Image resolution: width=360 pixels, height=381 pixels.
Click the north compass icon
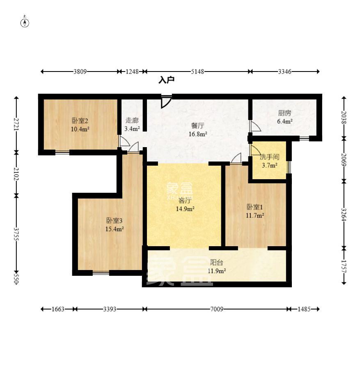pos(25,22)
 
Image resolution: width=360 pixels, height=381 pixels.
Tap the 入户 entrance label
pos(167,80)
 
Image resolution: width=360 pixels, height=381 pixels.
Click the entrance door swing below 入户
pos(167,102)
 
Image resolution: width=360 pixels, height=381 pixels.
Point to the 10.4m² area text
pos(80,129)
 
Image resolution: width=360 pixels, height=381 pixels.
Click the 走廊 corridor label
pos(132,120)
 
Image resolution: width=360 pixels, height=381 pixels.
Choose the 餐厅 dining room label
pos(197,126)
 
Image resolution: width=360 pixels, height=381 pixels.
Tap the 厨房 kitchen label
pos(284,113)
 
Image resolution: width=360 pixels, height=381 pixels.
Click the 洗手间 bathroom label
pos(269,157)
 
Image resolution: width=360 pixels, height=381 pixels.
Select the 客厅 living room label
pos(185,201)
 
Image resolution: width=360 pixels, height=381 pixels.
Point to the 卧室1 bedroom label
pos(255,207)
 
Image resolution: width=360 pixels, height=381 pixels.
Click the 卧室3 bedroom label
pos(115,221)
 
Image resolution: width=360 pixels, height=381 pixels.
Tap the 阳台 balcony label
pos(216,262)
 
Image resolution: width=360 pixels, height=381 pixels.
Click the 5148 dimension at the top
pos(197,72)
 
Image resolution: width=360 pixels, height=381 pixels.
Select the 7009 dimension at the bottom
pos(217,309)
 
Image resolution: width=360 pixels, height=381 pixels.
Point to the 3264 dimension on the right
pos(344,215)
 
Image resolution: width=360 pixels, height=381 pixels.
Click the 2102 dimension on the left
pos(16,174)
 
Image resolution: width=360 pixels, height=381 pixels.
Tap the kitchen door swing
pos(255,126)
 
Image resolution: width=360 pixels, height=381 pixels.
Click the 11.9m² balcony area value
pos(217,271)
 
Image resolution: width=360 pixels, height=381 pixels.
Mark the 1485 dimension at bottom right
pos(304,309)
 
